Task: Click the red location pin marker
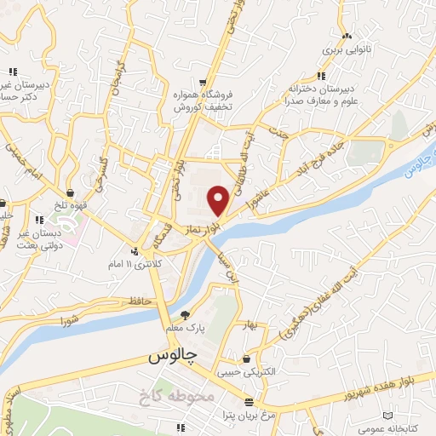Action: pyautogui.click(x=219, y=200)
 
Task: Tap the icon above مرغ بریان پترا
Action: pyautogui.click(x=249, y=401)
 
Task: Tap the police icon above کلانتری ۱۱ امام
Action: pyautogui.click(x=135, y=251)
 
